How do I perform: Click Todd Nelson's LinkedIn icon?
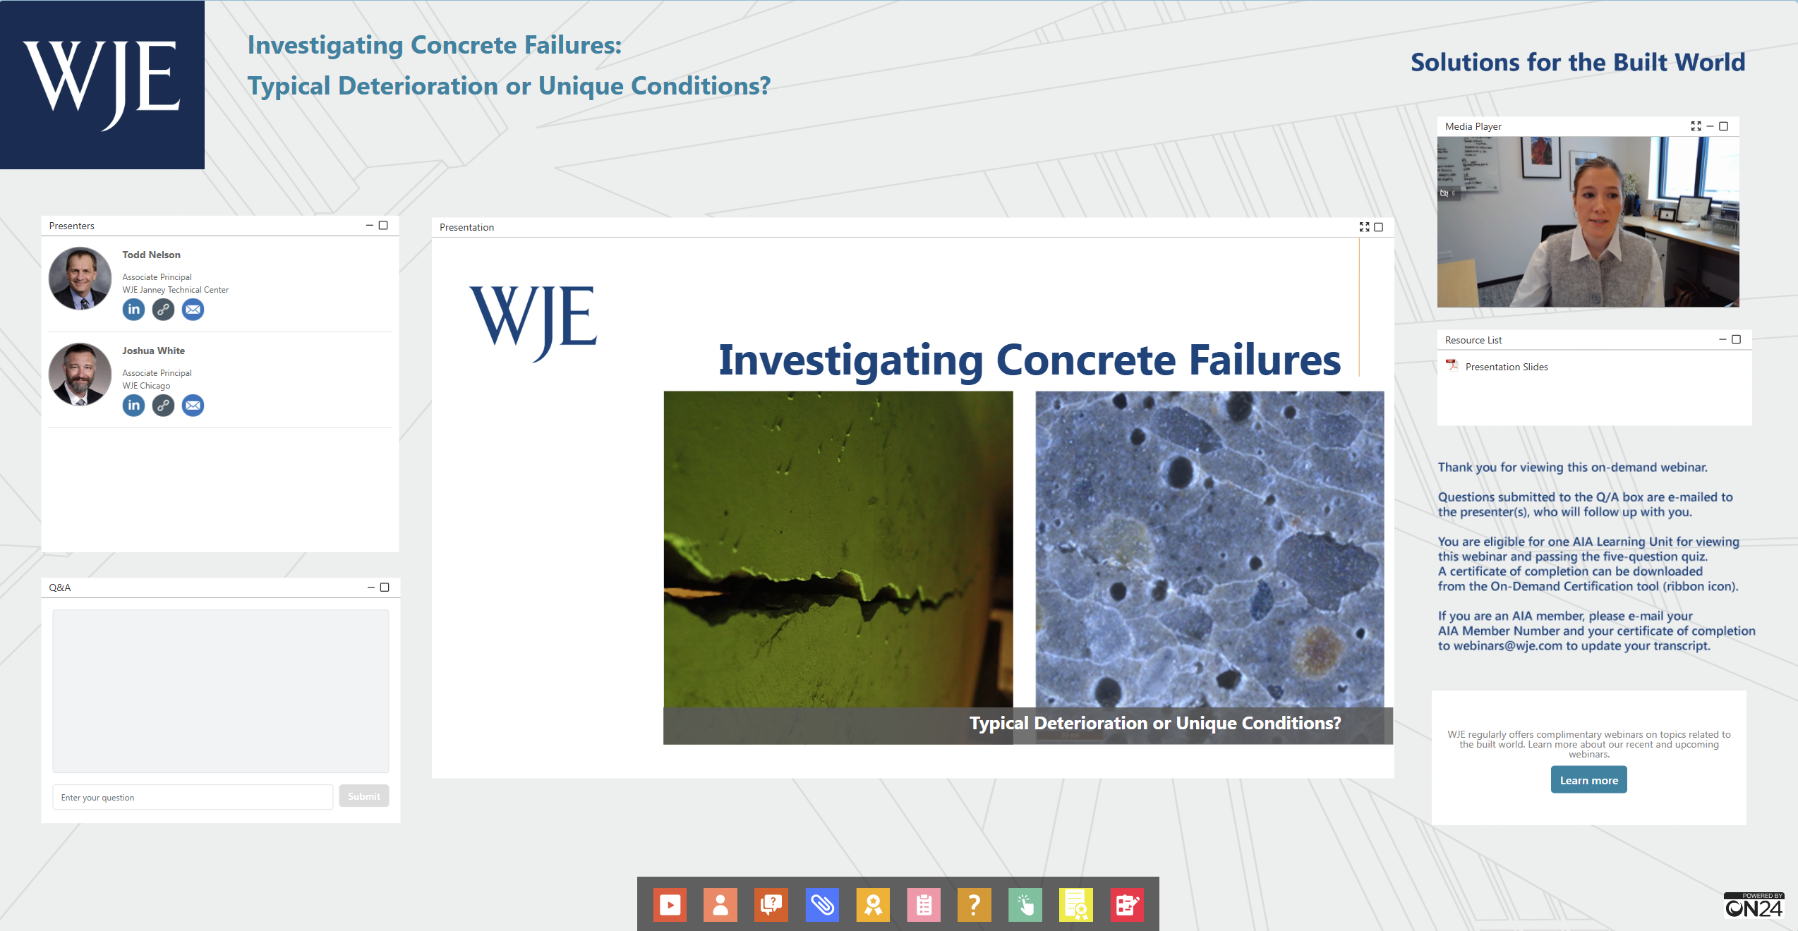[133, 310]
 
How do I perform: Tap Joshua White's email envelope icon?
[193, 406]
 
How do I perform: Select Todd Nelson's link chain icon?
[163, 310]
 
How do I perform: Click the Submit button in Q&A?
[363, 796]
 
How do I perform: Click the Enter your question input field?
[193, 797]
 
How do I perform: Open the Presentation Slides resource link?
[1506, 367]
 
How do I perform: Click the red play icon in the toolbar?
[670, 904]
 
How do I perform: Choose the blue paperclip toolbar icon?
[822, 904]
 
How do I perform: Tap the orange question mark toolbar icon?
[975, 904]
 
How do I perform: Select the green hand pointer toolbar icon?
[1025, 904]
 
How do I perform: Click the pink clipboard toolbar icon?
[924, 904]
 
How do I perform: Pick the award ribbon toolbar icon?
[873, 904]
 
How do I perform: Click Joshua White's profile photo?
[80, 375]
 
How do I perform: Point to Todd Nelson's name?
[151, 255]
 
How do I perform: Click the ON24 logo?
[1754, 906]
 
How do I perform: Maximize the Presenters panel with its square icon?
[383, 226]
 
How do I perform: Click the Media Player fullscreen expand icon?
[1696, 126]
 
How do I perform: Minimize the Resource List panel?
[1722, 340]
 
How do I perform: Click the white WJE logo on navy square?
[102, 85]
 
